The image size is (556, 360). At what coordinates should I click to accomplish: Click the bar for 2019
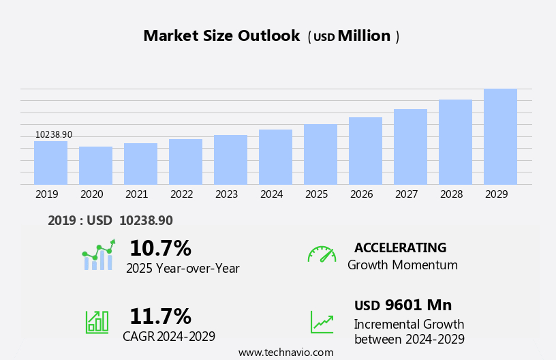click(x=50, y=163)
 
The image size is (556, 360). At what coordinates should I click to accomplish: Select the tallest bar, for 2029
click(x=500, y=137)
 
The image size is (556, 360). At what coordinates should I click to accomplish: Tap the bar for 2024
click(x=275, y=157)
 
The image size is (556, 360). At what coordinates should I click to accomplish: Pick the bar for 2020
click(x=95, y=166)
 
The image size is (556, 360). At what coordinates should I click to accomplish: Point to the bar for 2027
click(x=410, y=147)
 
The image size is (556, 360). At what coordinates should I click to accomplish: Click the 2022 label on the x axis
click(x=182, y=194)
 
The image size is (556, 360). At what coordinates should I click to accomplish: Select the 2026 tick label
click(x=362, y=194)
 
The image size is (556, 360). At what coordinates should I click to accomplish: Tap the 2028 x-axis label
click(x=452, y=194)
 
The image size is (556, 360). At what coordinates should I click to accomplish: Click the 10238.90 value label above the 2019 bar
click(x=54, y=135)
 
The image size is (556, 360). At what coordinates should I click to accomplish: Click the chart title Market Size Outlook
click(x=221, y=36)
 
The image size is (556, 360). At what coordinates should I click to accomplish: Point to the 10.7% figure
click(x=160, y=248)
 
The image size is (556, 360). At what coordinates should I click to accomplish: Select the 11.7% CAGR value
click(x=160, y=316)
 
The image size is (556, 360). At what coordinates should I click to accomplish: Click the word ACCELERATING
click(x=400, y=247)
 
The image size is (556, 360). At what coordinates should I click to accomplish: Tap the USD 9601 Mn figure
click(x=403, y=305)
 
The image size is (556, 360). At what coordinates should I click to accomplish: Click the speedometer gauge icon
click(x=322, y=254)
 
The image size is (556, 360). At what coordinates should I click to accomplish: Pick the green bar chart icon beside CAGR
click(x=97, y=322)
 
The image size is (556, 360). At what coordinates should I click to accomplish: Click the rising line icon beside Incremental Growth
click(x=322, y=322)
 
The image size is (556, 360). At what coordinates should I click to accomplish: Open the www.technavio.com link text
click(x=285, y=352)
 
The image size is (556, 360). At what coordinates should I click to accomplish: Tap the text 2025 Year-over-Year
click(x=183, y=269)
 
